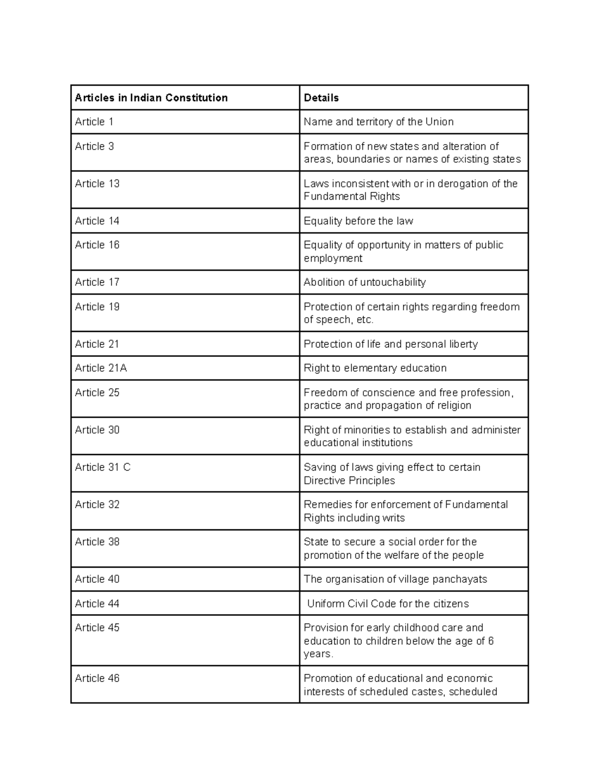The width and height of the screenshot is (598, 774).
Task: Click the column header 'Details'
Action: coord(321,98)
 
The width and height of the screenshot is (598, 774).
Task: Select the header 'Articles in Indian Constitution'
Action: coord(151,98)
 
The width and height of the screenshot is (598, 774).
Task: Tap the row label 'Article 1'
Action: coord(94,122)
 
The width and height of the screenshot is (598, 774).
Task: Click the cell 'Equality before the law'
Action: coord(358,221)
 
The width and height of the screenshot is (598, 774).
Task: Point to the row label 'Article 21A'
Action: coord(101,368)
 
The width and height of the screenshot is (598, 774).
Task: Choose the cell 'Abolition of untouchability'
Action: coord(364,282)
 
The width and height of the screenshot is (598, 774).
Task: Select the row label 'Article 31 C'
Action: coord(103,467)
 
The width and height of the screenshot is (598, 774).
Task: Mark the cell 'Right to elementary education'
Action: coord(375,368)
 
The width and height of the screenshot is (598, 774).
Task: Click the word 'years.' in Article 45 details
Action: coord(318,654)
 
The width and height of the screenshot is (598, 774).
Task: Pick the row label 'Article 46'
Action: coord(97,678)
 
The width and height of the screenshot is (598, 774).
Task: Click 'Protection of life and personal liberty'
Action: coord(390,344)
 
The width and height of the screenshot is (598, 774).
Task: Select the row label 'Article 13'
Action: coord(97,183)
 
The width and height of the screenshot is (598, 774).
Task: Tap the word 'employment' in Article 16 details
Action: coord(333,258)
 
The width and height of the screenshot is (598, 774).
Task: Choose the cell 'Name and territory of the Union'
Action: coord(378,122)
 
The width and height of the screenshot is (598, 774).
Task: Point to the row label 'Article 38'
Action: coord(97,542)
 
